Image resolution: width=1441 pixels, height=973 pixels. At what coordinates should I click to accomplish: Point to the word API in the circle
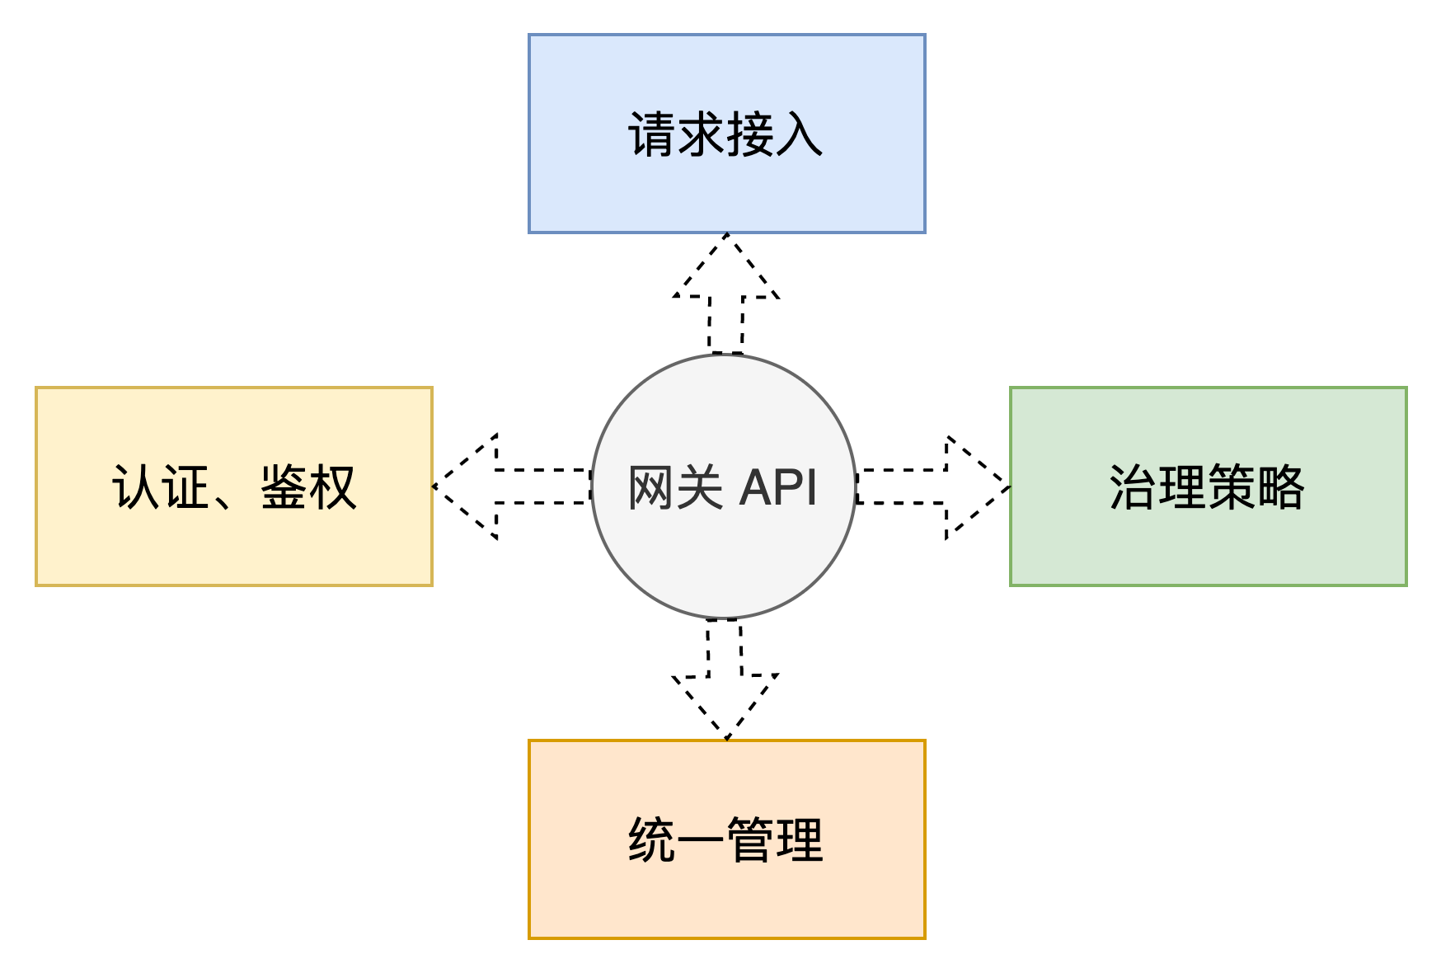(x=778, y=487)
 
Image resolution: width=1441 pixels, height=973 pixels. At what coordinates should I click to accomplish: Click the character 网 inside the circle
(x=652, y=487)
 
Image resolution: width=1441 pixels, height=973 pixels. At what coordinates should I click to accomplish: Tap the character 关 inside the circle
(x=700, y=487)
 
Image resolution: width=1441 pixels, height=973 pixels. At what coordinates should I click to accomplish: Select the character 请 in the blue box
(x=652, y=134)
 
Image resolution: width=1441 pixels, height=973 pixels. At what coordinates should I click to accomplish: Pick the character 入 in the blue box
(x=799, y=134)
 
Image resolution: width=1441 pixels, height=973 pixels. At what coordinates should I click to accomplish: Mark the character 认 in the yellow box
(x=136, y=487)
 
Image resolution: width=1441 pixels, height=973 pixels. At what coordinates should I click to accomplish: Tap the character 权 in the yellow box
(x=332, y=487)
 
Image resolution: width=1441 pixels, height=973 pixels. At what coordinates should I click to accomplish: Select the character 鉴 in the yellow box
(x=284, y=487)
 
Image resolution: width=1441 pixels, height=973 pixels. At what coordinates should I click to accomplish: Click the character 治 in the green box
(x=1134, y=487)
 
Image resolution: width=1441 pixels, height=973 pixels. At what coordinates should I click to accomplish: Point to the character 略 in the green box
(x=1280, y=487)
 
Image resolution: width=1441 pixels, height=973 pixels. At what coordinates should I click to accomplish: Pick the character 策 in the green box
(x=1232, y=487)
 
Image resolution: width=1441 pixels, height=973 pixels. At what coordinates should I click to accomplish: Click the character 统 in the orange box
(x=652, y=840)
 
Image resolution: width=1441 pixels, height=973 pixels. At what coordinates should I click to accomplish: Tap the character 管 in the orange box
(x=749, y=840)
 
